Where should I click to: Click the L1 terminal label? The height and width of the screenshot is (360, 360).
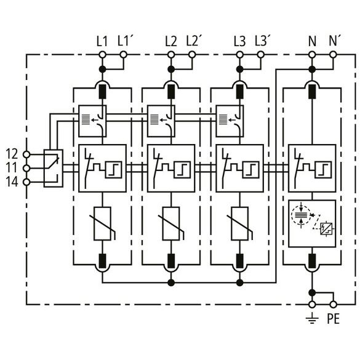(102, 42)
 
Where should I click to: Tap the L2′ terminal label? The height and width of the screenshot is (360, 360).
(194, 41)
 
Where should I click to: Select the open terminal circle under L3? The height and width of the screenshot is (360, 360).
(240, 55)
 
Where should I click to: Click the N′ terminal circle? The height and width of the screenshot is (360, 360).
(333, 55)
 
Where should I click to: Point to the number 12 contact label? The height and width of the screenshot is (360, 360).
(12, 154)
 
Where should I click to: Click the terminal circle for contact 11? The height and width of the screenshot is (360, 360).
(27, 169)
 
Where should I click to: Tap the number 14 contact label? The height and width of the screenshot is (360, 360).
(12, 182)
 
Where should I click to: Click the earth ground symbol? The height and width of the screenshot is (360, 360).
(312, 318)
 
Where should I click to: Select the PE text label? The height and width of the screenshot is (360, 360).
(333, 319)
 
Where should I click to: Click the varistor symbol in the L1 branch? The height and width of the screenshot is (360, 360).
(103, 223)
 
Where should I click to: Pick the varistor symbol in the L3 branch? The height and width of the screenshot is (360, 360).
(240, 223)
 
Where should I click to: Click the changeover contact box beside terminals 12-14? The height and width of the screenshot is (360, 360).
(54, 168)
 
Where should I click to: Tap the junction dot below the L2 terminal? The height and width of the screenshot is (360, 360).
(171, 69)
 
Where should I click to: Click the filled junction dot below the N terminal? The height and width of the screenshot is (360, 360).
(312, 69)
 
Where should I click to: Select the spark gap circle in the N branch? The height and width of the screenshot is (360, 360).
(301, 215)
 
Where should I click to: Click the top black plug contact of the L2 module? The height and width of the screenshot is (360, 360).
(171, 92)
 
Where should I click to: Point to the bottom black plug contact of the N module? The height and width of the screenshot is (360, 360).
(312, 261)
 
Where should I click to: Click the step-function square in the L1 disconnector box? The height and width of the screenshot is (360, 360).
(114, 170)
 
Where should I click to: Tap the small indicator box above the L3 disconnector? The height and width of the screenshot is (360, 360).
(230, 121)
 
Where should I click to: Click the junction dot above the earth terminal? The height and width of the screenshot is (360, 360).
(312, 292)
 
